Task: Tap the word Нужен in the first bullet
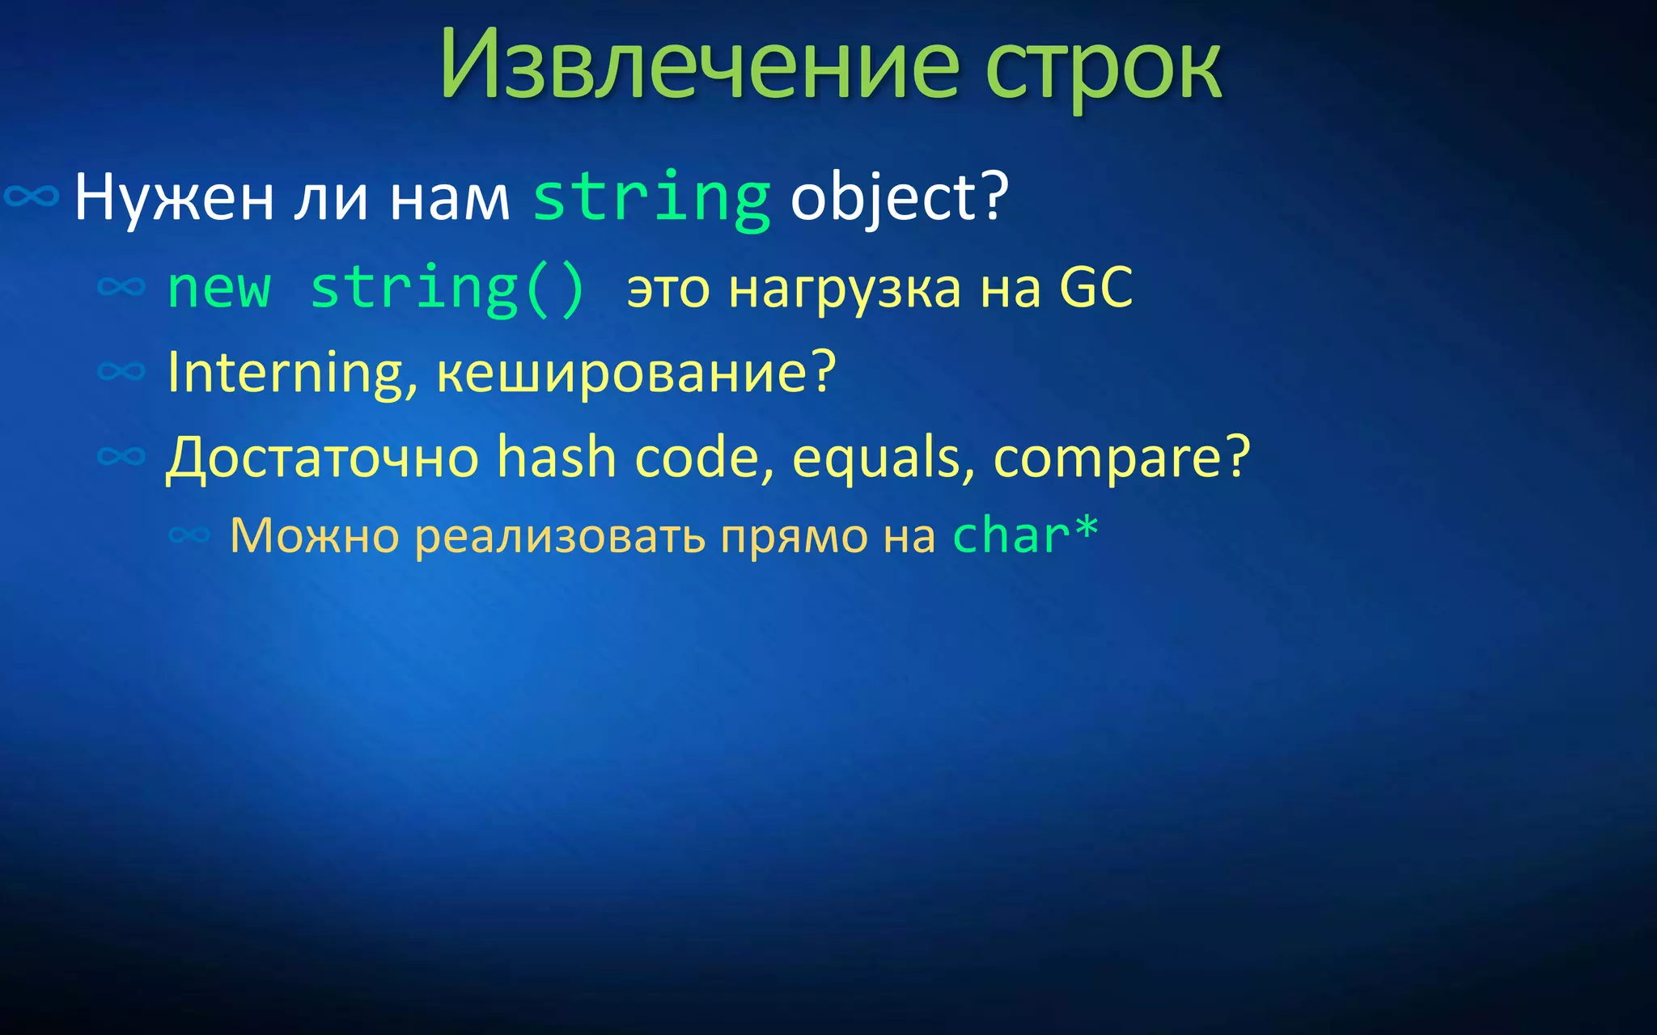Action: click(x=173, y=197)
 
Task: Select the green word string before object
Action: click(x=651, y=199)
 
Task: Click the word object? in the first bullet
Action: click(x=899, y=197)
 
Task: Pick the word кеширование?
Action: click(x=635, y=373)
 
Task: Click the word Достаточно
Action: click(x=323, y=458)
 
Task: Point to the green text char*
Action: click(x=1024, y=535)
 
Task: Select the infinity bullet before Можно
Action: click(x=189, y=534)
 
